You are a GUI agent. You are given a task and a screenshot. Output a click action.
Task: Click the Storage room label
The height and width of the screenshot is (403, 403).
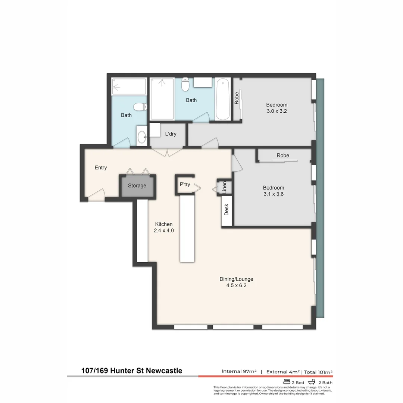coord(137,186)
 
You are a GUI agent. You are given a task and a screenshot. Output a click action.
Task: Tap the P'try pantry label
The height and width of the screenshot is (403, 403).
coord(185,184)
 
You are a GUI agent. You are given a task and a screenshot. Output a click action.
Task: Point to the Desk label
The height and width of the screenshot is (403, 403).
coord(227,210)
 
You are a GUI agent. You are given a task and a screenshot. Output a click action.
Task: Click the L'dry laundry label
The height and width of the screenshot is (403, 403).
coord(171,134)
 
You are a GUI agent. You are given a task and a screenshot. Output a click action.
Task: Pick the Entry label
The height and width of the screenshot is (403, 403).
coord(101,168)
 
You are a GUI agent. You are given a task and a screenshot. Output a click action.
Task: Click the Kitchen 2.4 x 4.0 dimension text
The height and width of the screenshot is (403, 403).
coord(164,231)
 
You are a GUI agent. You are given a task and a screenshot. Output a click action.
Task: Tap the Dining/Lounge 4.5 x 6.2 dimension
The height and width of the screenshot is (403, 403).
coord(234,285)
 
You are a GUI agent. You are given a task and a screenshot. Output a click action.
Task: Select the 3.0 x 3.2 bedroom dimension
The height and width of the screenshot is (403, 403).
coord(277,111)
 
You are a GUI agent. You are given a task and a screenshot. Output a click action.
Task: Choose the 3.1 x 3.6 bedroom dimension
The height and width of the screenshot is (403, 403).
coord(274,194)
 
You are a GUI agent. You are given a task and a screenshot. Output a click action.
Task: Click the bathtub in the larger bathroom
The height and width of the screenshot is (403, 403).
coord(222,99)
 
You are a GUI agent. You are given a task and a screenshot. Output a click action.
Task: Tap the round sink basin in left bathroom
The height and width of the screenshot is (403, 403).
coord(142,138)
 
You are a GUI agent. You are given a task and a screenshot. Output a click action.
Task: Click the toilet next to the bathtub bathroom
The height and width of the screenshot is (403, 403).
coord(185,85)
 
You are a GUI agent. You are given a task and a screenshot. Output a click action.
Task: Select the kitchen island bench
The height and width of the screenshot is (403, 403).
coord(187,229)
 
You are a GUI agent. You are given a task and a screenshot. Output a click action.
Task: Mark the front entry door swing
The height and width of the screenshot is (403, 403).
coord(97,193)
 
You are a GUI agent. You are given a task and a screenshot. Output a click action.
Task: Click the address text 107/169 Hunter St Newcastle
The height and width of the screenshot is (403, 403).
coord(132,371)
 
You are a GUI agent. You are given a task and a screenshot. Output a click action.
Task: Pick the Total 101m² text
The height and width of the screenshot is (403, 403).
coord(318,372)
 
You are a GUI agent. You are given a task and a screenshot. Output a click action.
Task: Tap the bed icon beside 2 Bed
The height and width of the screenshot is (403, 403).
coord(287,382)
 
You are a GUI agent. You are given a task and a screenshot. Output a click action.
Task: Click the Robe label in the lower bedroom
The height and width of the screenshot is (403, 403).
coord(283,155)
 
